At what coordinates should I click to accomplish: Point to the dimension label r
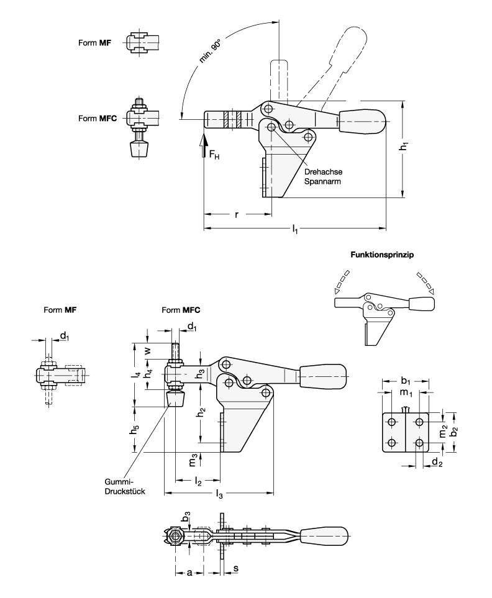237,215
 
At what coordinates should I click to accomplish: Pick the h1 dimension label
404,147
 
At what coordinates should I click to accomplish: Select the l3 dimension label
219,495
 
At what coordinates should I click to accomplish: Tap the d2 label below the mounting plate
437,463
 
